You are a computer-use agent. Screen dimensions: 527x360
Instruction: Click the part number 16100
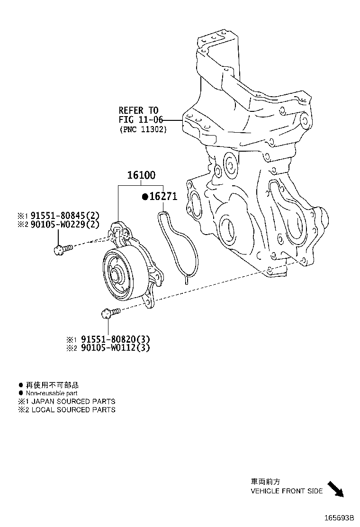(141, 175)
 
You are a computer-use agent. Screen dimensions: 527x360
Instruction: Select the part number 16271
(163, 197)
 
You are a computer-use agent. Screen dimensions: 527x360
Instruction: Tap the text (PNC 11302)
(143, 129)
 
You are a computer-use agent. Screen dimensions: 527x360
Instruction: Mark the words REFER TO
(138, 110)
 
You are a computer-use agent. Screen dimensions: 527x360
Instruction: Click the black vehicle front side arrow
(335, 489)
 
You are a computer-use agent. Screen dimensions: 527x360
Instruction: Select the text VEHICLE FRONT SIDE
(287, 491)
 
